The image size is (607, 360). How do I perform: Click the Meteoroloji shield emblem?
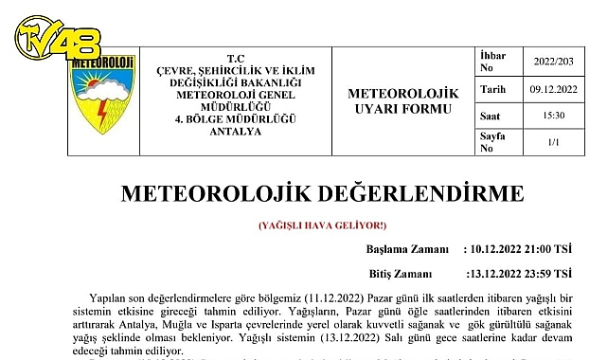(102, 95)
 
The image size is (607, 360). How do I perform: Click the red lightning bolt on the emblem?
(101, 111)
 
